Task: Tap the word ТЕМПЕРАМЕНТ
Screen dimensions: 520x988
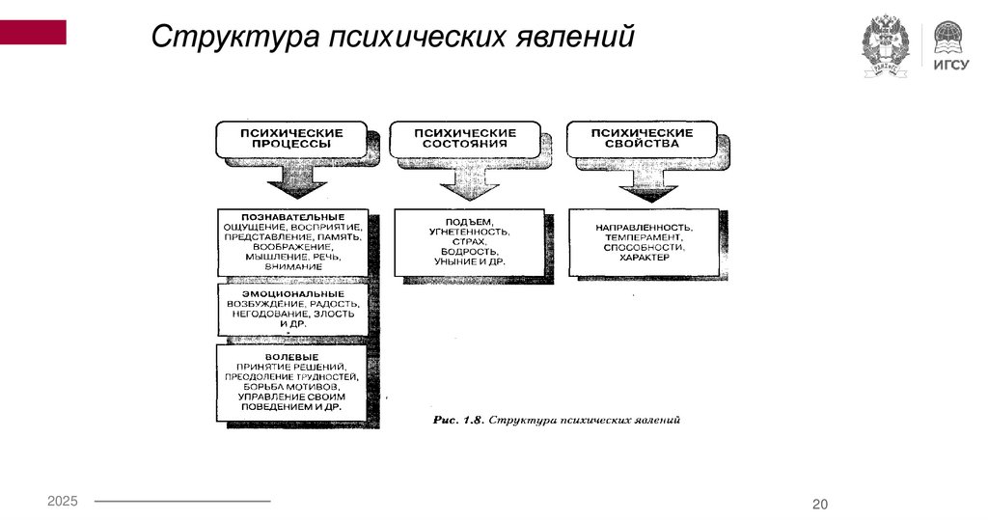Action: tap(645, 236)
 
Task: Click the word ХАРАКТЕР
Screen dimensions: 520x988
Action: tap(645, 258)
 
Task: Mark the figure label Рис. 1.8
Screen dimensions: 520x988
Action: tap(455, 422)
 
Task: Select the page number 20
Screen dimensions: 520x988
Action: tap(821, 506)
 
